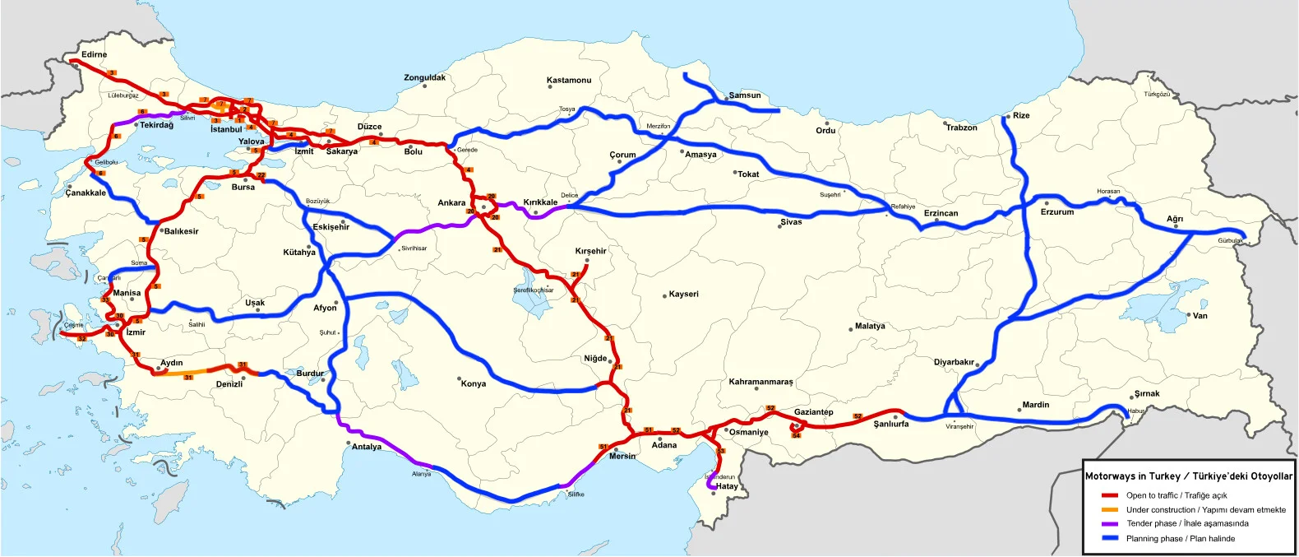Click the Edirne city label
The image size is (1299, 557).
pyautogui.click(x=94, y=54)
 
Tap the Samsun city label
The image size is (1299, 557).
pyautogui.click(x=744, y=95)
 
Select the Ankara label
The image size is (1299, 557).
pyautogui.click(x=451, y=202)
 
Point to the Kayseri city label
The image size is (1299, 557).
pyautogui.click(x=683, y=294)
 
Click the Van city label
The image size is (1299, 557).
pyautogui.click(x=1200, y=316)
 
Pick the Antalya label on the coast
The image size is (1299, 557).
pyautogui.click(x=367, y=447)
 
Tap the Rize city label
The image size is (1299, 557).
pyautogui.click(x=1021, y=115)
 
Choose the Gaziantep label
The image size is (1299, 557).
pyautogui.click(x=813, y=412)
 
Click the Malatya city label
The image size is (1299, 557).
pyautogui.click(x=870, y=326)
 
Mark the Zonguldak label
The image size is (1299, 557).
pyautogui.click(x=424, y=77)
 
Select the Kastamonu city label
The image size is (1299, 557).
pyautogui.click(x=569, y=80)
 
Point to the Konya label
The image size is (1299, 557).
pyautogui.click(x=474, y=383)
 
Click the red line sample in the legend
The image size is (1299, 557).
pyautogui.click(x=1110, y=495)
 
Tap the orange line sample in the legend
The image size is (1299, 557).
pyautogui.click(x=1110, y=510)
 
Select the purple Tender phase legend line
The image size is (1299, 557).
pyautogui.click(x=1110, y=524)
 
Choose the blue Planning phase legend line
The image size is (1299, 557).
pyautogui.click(x=1110, y=538)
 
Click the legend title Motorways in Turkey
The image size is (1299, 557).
pyautogui.click(x=1188, y=476)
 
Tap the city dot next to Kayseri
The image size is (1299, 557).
pyautogui.click(x=664, y=295)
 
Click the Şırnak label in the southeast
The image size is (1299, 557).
pyautogui.click(x=1147, y=393)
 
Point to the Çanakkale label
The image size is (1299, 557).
pyautogui.click(x=86, y=193)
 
